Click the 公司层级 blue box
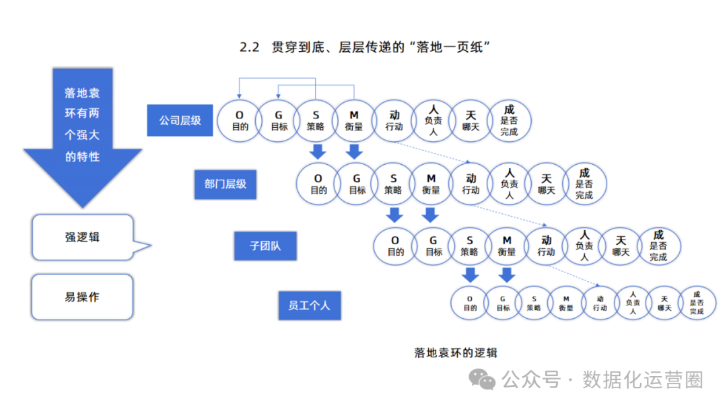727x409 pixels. [180, 120]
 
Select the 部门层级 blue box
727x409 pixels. [226, 184]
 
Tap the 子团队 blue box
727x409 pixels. [265, 246]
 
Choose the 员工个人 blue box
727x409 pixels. [310, 305]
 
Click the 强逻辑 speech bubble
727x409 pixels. [83, 237]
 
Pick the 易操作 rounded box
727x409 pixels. [82, 297]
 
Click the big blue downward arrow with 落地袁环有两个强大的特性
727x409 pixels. [83, 135]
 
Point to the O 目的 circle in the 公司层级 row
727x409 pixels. [240, 120]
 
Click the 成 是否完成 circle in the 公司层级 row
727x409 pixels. [509, 120]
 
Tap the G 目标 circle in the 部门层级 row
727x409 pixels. [357, 184]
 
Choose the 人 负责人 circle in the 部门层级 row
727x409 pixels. [509, 184]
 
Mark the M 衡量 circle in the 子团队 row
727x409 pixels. [507, 246]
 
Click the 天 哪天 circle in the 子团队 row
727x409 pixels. [621, 246]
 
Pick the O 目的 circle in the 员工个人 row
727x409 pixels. [470, 303]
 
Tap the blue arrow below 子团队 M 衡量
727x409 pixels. [507, 274]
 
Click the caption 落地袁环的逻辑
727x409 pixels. [456, 352]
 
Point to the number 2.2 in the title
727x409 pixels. [249, 48]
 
